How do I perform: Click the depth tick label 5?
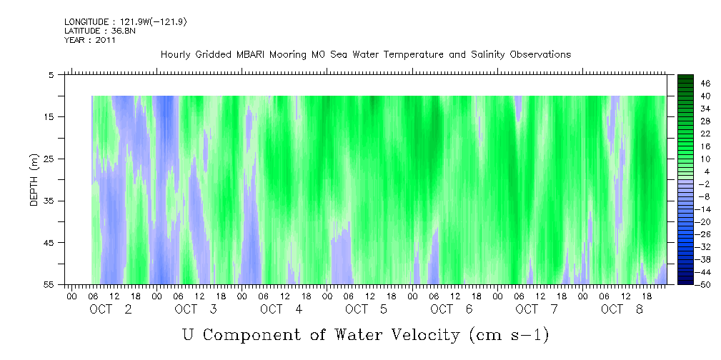coord(51,74)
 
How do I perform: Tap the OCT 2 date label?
coord(111,309)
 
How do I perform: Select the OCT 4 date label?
coord(282,309)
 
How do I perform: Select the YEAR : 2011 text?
coord(90,40)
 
